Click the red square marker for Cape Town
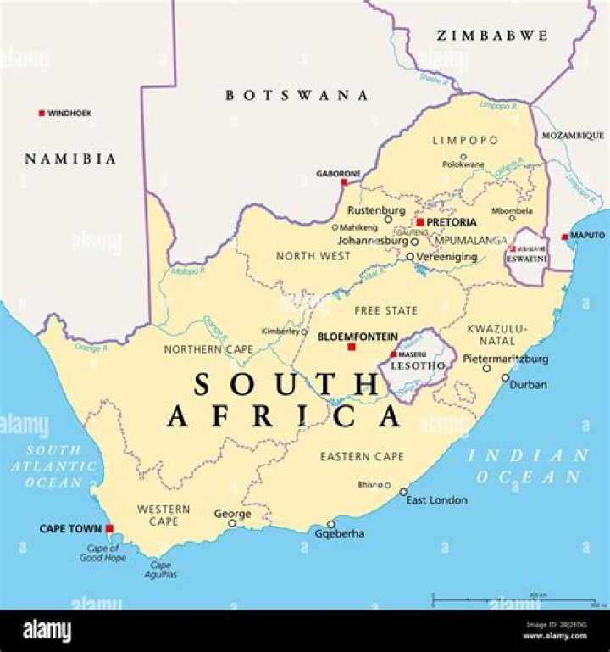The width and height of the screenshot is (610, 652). pyautogui.click(x=109, y=528)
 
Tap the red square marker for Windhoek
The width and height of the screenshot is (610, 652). pyautogui.click(x=41, y=113)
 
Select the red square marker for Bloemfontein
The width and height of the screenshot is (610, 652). pyautogui.click(x=352, y=347)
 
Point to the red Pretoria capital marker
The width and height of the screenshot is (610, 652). pyautogui.click(x=419, y=222)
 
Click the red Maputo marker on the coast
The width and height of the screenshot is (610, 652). pyautogui.click(x=565, y=237)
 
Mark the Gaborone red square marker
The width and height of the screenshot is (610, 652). pyautogui.click(x=344, y=182)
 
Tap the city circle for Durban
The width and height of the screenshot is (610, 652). pyautogui.click(x=506, y=379)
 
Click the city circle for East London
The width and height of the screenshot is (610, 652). pyautogui.click(x=403, y=492)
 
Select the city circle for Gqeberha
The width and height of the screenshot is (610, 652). pyautogui.click(x=331, y=523)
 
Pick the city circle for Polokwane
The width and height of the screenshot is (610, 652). pyautogui.click(x=463, y=157)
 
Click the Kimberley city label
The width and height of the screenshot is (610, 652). pyautogui.click(x=280, y=331)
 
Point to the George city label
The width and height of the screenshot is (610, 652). pyautogui.click(x=232, y=514)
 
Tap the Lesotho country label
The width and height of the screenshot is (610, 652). pyautogui.click(x=412, y=365)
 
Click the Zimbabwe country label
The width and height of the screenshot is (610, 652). pyautogui.click(x=491, y=36)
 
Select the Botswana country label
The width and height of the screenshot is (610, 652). pyautogui.click(x=297, y=96)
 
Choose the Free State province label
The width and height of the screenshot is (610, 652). pyautogui.click(x=385, y=310)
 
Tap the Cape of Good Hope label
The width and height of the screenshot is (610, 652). pyautogui.click(x=103, y=553)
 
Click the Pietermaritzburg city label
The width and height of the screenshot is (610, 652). pyautogui.click(x=505, y=359)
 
